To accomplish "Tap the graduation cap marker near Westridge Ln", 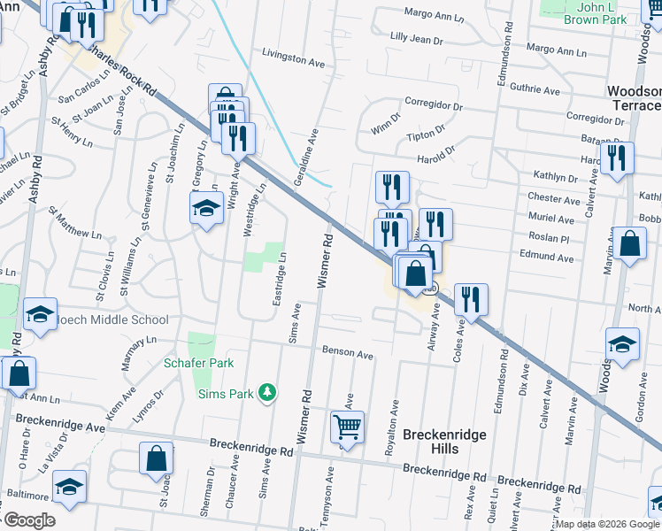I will click(206, 209).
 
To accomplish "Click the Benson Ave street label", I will click(347, 353).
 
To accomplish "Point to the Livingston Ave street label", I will click(294, 59).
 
